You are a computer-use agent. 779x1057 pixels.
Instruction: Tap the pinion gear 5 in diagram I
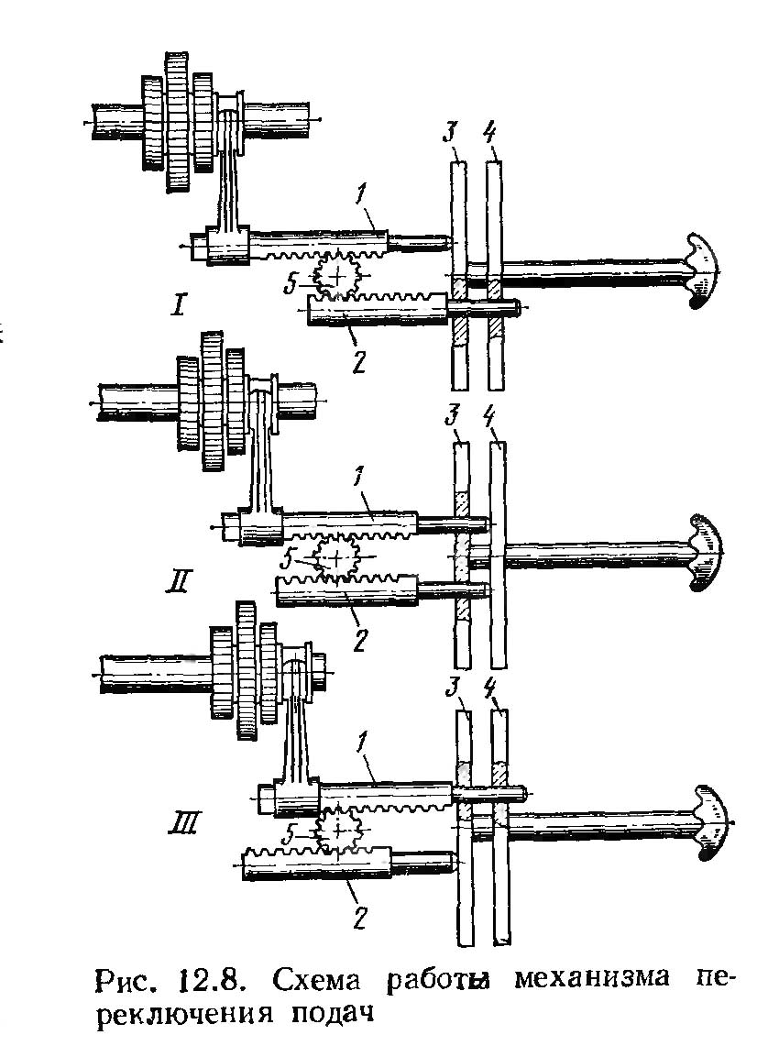coord(338,274)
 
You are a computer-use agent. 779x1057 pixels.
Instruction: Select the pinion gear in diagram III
coord(340,830)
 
